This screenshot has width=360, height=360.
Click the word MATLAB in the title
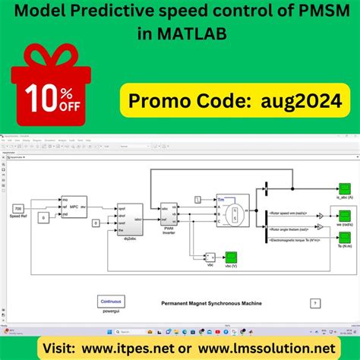(x=186, y=35)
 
